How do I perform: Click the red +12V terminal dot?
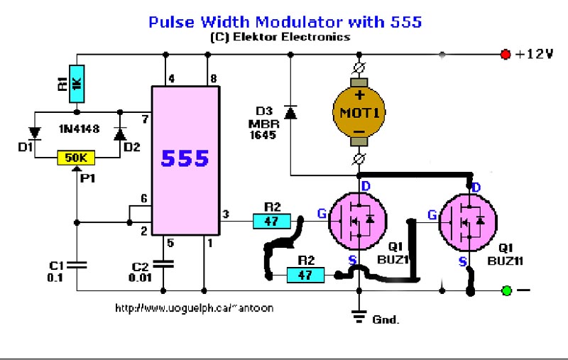click(506, 54)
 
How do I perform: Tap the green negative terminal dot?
click(506, 290)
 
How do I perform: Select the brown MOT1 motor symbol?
click(359, 113)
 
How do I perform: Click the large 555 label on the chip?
click(185, 158)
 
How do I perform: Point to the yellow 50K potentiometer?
click(76, 158)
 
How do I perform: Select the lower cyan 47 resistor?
click(305, 275)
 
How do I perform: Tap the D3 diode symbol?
click(290, 112)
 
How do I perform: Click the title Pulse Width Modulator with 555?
click(285, 21)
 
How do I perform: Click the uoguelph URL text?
click(194, 309)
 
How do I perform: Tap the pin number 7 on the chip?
click(145, 118)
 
